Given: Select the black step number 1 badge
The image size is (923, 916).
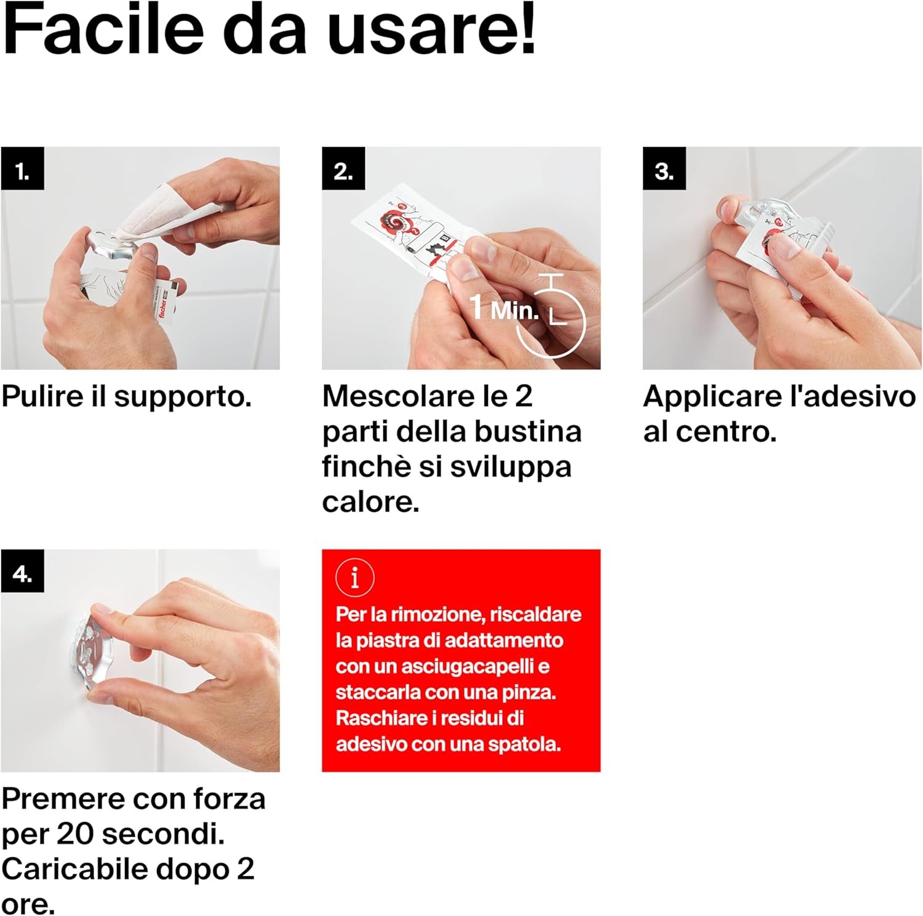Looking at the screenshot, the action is pos(22,168).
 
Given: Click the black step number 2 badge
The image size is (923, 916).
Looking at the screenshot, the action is pos(343,168).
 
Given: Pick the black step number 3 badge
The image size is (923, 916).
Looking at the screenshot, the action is pos(665,168).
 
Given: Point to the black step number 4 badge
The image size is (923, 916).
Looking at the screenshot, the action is pos(22,571).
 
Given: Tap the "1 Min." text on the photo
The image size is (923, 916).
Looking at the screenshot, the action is pos(504,308).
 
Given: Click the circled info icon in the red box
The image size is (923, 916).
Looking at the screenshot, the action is pos(354,578).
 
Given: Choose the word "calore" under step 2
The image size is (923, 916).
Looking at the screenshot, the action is pos(370,502).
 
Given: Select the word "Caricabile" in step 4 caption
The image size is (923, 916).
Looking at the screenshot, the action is pos(75,869).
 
